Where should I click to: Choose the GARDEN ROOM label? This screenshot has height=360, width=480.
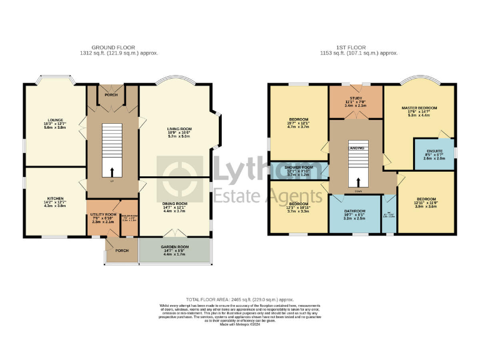(x=175, y=249)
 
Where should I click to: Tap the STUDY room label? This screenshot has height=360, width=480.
(x=356, y=99)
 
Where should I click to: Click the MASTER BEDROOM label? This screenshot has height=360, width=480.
(x=419, y=108)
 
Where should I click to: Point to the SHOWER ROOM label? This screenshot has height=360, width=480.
(x=299, y=168)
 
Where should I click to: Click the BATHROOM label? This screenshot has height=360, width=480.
(x=354, y=211)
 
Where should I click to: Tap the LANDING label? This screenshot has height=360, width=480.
(x=357, y=148)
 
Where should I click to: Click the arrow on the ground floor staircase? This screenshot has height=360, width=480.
(x=112, y=171)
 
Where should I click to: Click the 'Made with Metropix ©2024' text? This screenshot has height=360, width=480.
(x=240, y=325)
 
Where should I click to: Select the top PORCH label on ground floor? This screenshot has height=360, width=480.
(x=111, y=95)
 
